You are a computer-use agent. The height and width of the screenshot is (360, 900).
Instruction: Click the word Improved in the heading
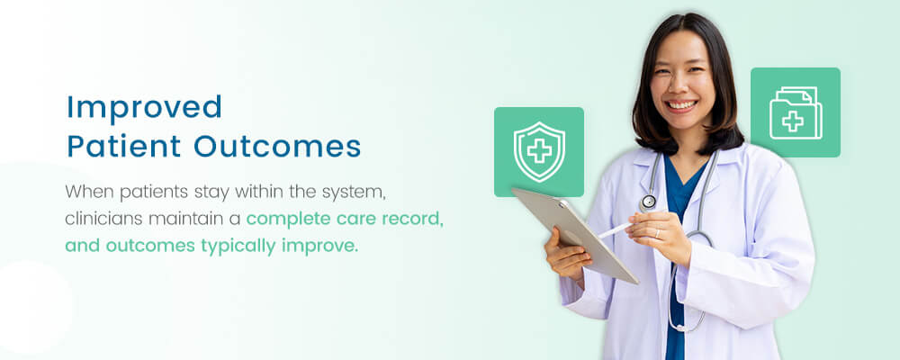click(144, 107)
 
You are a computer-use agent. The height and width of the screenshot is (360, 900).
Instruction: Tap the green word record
click(413, 219)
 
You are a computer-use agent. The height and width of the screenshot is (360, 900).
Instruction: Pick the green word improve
click(328, 246)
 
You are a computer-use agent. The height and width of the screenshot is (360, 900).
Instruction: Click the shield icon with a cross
click(538, 151)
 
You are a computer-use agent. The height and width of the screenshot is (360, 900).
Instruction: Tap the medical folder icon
click(795, 112)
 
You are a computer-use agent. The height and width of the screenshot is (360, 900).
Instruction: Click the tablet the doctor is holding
click(576, 232)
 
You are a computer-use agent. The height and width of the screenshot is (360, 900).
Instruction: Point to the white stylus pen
click(616, 229)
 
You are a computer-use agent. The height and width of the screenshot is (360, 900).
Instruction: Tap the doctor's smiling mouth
click(681, 105)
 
